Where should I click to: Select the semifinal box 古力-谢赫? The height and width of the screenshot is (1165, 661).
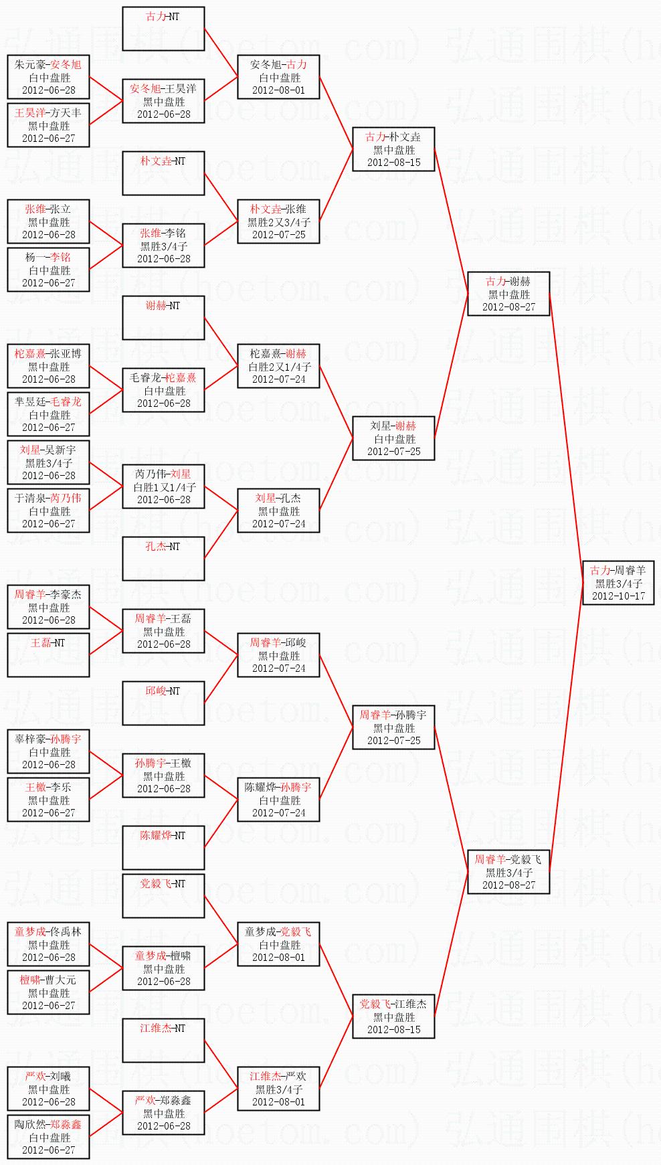coord(508,294)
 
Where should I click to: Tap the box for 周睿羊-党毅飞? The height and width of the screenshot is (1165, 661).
coord(508,872)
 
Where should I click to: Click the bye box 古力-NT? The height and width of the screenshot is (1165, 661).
coord(163,29)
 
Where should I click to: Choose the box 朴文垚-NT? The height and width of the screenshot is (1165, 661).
coord(163,173)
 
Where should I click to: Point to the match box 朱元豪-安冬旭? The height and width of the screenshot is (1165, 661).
coord(48,77)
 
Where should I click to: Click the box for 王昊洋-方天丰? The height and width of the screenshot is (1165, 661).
coord(48,125)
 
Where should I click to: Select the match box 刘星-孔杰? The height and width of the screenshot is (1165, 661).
coord(278,511)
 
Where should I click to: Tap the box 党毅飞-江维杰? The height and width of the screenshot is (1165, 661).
coord(393,1016)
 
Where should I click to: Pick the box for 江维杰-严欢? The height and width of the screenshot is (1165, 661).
coord(278,1089)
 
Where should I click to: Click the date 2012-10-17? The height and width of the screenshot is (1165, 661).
coord(618,596)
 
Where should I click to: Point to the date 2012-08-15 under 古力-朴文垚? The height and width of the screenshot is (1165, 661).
coord(393,163)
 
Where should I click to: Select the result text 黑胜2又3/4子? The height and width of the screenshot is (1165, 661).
coord(279,222)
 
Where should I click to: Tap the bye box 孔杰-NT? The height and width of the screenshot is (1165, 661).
coord(163,559)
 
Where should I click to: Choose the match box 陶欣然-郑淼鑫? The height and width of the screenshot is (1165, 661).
coord(48,1137)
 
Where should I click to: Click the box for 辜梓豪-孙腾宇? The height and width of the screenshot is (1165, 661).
coord(48,751)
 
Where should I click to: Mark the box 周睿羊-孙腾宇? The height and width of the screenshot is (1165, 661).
coord(393,727)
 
